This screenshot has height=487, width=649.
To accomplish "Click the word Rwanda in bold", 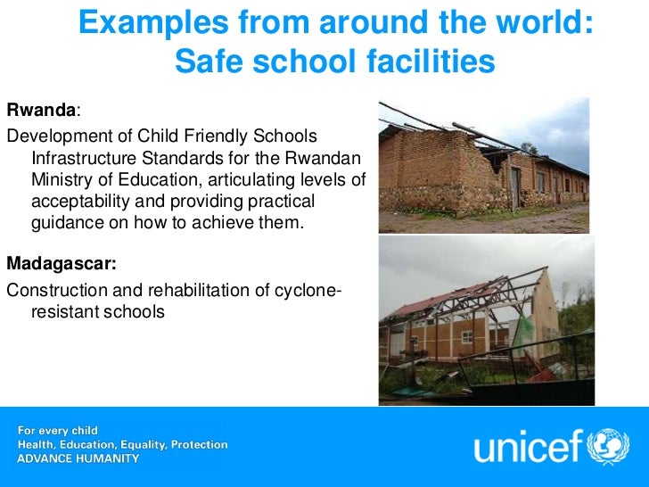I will pos(40,111).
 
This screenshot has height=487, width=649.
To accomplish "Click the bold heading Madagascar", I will pos(60,264).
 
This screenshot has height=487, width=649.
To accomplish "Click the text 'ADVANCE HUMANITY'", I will pos(78,458).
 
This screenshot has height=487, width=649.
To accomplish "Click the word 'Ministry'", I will pos(61,181).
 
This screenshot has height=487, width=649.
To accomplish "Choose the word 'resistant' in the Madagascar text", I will pos(65,312).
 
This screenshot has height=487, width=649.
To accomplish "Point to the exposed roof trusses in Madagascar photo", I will pos(464,303).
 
